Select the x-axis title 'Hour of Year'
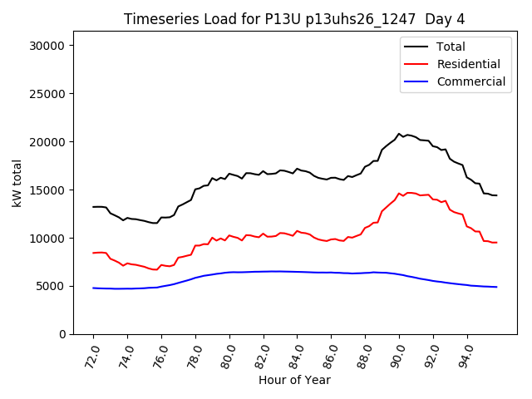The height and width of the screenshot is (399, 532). (x=294, y=380)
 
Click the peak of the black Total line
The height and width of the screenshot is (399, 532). (x=399, y=133)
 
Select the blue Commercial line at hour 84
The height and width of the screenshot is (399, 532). (x=297, y=272)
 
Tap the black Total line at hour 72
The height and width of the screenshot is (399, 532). (x=94, y=207)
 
